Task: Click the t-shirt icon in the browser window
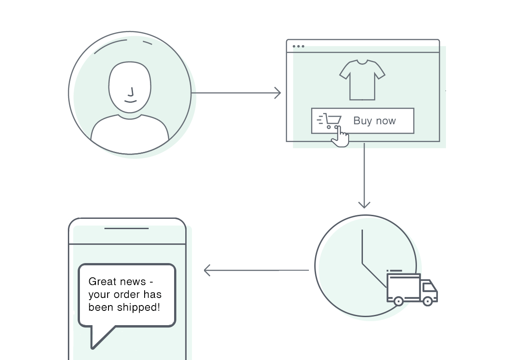click(x=362, y=80)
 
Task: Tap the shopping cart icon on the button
click(x=329, y=121)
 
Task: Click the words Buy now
click(x=375, y=121)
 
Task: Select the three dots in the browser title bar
click(x=298, y=46)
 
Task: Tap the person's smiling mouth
click(x=130, y=101)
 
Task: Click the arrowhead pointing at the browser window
click(x=278, y=93)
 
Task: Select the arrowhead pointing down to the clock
click(x=364, y=205)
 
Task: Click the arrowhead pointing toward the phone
click(x=207, y=270)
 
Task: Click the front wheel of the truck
click(x=428, y=301)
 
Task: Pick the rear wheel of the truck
click(x=399, y=301)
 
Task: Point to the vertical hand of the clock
click(x=362, y=246)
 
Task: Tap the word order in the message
click(x=125, y=294)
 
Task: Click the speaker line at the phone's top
click(x=126, y=228)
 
